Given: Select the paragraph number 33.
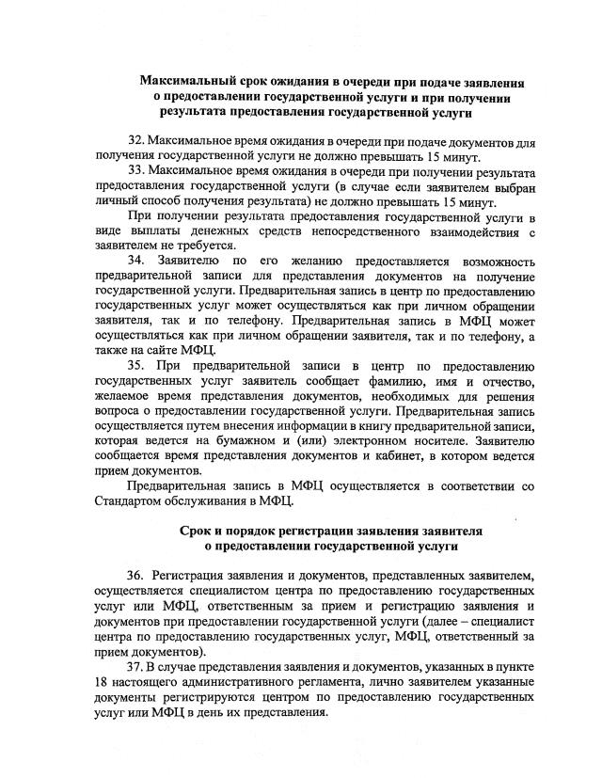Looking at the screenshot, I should pos(137,172).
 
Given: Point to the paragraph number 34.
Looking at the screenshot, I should pos(137,260).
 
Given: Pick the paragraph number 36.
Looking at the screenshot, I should pos(137,575).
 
